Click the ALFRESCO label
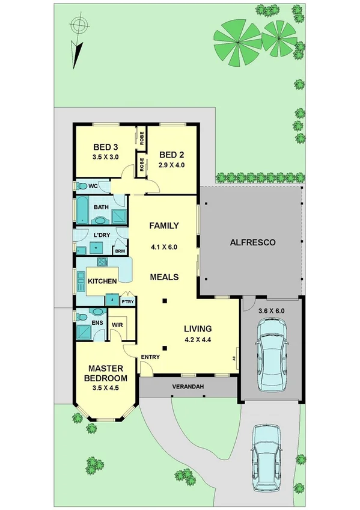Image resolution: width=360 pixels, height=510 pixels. (252, 243)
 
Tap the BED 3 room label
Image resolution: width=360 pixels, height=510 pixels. (105, 147)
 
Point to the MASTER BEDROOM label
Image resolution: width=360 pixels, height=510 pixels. (106, 373)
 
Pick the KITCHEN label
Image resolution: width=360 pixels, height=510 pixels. (102, 281)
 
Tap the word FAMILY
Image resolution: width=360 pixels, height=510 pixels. (164, 226)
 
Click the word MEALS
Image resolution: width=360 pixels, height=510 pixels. (164, 277)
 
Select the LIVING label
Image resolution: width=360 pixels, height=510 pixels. (197, 328)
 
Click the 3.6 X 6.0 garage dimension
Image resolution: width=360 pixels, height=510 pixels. (270, 312)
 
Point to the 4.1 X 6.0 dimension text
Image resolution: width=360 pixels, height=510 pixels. (164, 246)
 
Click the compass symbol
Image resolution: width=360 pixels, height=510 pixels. (78, 26)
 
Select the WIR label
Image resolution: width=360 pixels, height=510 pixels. (117, 325)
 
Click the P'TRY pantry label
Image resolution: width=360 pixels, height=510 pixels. (127, 301)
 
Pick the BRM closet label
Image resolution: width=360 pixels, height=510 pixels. (120, 251)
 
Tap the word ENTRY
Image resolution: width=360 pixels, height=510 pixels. (150, 357)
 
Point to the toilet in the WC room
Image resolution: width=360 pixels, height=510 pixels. (82, 186)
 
